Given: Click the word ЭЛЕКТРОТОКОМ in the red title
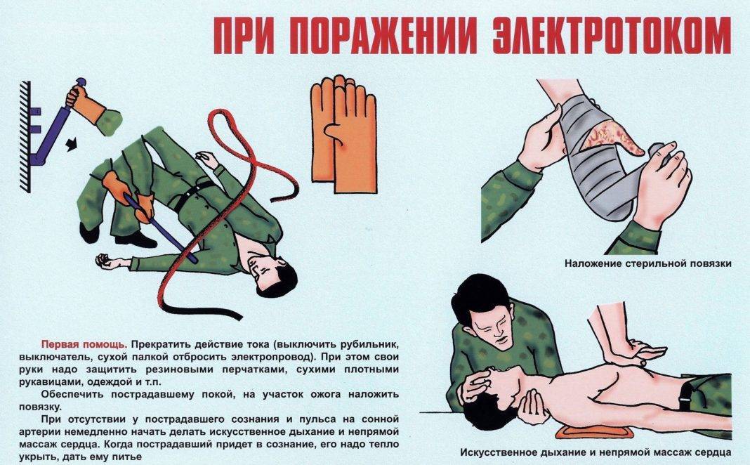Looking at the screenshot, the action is click(612, 37).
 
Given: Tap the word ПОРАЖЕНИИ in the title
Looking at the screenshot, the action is click(383, 37).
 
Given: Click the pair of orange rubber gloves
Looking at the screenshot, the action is click(343, 133).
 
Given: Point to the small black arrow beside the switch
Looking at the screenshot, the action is click(71, 144).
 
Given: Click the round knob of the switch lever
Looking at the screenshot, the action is click(80, 81).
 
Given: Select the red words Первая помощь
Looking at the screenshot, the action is click(84, 344).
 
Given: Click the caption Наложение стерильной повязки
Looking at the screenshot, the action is click(648, 263).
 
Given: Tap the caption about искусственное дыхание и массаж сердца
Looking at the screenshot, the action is click(596, 452).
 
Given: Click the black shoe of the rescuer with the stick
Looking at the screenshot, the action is click(136, 239).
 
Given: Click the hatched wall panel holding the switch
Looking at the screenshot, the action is click(25, 137).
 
